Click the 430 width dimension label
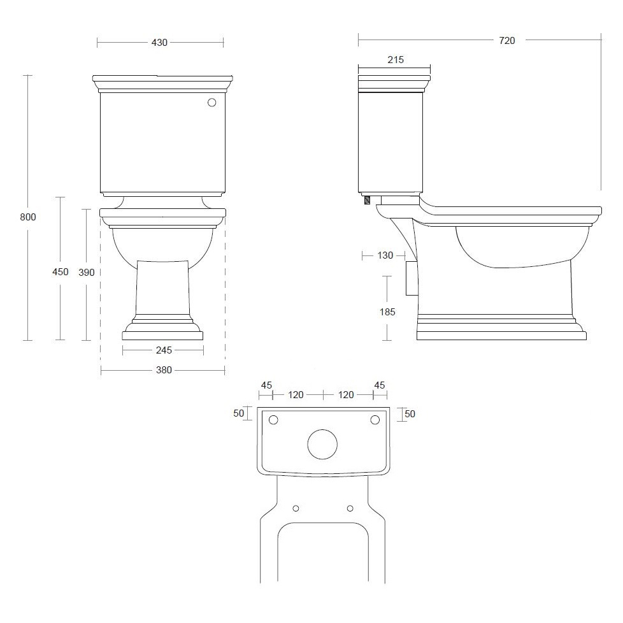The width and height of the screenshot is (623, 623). tap(159, 43)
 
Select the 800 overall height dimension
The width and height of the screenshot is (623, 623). tap(28, 217)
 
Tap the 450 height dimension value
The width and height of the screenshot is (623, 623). tap(61, 272)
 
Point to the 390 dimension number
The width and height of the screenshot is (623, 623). tap(87, 272)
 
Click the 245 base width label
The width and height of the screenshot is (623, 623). tap(164, 350)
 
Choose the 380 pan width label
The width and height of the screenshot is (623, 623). tap(164, 370)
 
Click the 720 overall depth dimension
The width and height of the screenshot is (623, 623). tap(507, 41)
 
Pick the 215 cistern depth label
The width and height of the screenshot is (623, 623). tap(396, 60)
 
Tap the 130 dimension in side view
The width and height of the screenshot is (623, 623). tap(385, 255)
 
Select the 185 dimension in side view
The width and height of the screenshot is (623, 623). tap(387, 312)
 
